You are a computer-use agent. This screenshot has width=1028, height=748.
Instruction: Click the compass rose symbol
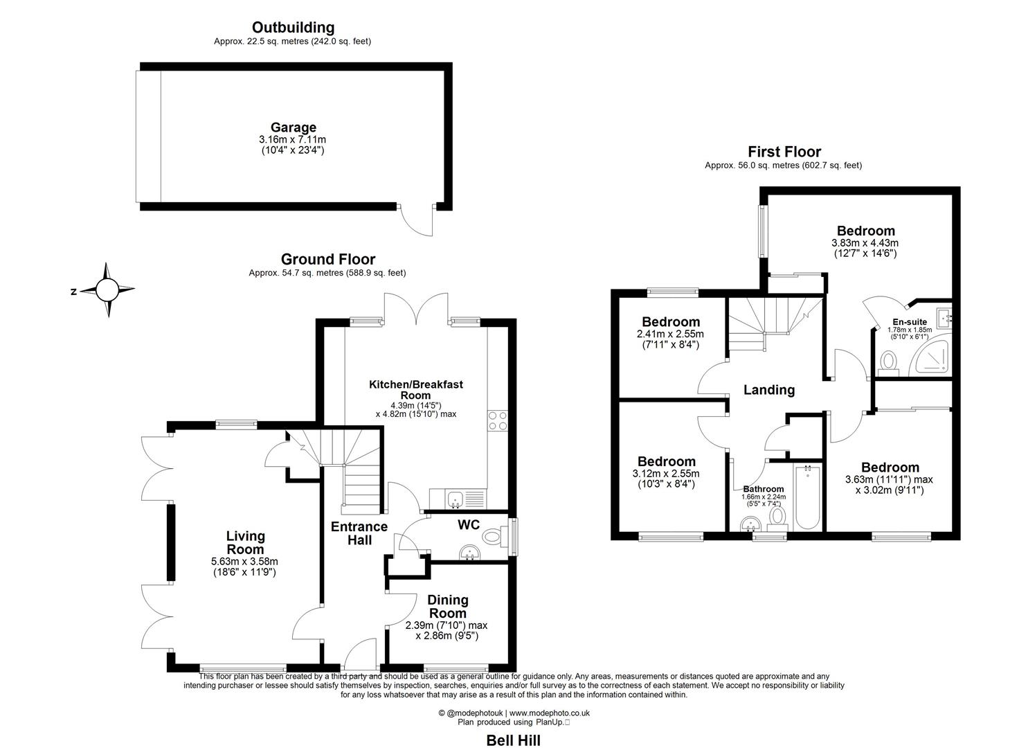[107, 290]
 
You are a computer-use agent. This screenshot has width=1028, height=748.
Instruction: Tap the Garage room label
[293, 127]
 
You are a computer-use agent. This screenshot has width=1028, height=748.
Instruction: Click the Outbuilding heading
[293, 28]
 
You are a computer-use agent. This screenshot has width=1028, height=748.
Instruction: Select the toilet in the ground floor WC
[494, 535]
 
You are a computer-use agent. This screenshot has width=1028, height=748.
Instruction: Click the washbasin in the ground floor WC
[470, 552]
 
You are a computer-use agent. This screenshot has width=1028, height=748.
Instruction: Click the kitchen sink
[456, 499]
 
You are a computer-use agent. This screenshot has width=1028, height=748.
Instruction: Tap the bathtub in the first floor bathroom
[808, 497]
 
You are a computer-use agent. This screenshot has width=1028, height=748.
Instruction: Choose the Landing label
[768, 390]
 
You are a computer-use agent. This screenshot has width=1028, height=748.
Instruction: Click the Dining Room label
[448, 606]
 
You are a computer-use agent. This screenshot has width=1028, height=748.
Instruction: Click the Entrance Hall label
[359, 533]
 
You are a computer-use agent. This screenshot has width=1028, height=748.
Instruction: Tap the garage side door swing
[417, 222]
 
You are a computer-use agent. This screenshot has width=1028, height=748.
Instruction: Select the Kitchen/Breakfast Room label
[415, 389]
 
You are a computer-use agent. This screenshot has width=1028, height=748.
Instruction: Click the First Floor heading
[784, 152]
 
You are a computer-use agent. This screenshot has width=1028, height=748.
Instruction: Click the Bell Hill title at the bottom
[513, 740]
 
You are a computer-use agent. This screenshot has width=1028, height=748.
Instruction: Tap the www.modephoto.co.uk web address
[549, 713]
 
